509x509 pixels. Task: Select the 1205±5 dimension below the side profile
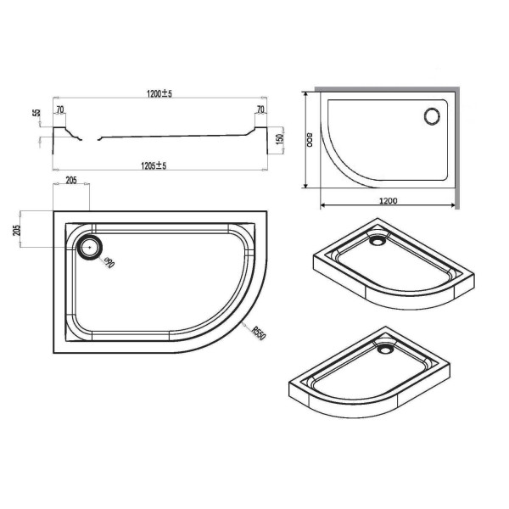(x=157, y=165)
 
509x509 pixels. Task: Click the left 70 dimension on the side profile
(x=61, y=110)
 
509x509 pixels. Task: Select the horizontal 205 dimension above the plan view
(x=71, y=179)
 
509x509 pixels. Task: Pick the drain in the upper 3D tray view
(x=376, y=239)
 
